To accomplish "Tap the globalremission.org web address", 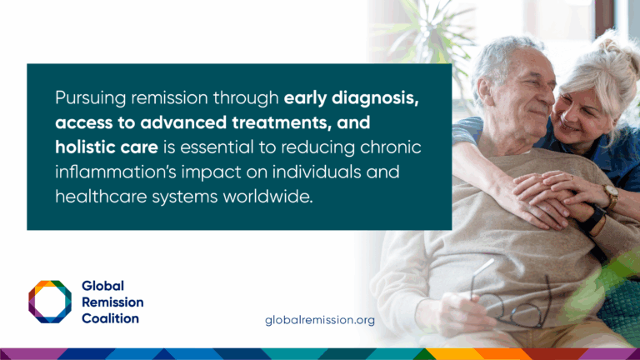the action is point(320,320).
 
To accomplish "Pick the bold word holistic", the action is point(82,147).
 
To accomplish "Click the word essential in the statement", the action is point(220,147).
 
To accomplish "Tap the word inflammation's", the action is point(116,172).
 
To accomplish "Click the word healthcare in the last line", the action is point(101,197).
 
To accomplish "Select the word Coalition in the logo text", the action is point(110,318).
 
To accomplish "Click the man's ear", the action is point(483,91).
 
